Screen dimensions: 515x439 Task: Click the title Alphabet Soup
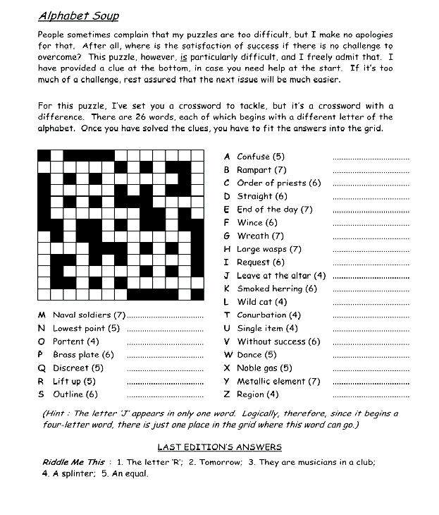tap(78, 16)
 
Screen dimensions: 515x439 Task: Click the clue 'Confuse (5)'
tap(261, 157)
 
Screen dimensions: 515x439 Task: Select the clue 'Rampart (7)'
tap(261, 170)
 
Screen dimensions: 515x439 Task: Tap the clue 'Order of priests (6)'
tap(278, 183)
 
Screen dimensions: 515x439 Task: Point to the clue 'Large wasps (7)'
tap(268, 249)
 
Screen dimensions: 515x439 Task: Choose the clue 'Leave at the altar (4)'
tap(281, 276)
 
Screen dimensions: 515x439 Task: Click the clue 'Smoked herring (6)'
tap(277, 289)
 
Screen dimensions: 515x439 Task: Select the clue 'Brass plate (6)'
tap(83, 355)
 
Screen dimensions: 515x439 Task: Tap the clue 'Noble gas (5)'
tap(264, 368)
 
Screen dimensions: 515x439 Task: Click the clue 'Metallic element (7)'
tap(278, 381)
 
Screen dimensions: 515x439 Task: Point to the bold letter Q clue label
tap(42, 368)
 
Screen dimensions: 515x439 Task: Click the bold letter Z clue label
tap(227, 394)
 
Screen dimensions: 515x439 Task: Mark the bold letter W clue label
tap(228, 355)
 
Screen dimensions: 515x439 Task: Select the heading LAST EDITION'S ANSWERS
tap(219, 447)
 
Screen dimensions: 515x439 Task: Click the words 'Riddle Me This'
tap(73, 462)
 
